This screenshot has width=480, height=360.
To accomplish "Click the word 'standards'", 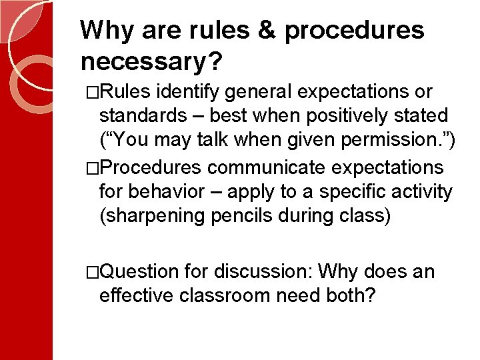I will point(143,116).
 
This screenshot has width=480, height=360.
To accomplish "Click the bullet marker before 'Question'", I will point(93,272).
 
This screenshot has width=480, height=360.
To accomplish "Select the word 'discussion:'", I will point(264,272).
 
